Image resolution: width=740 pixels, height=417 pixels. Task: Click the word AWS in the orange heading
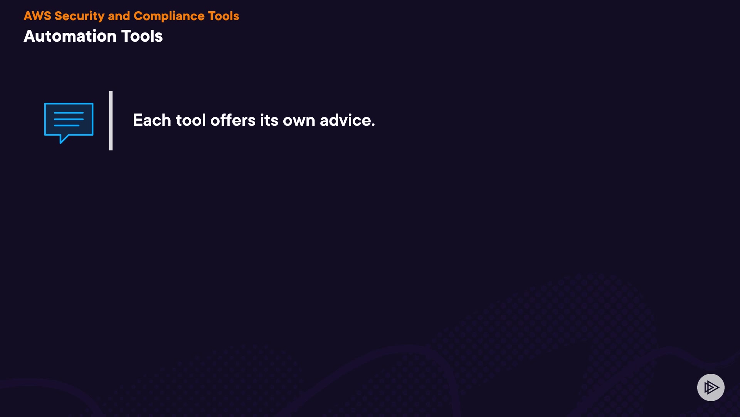[x=37, y=16]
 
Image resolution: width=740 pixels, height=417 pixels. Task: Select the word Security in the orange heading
[x=79, y=16]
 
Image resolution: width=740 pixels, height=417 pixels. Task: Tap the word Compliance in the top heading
[x=169, y=16]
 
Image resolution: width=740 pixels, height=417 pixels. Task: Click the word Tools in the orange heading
[x=224, y=16]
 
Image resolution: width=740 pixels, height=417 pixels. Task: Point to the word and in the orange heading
[x=119, y=16]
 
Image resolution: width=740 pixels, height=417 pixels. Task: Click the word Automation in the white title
[x=70, y=36]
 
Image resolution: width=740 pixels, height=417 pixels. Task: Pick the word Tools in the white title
[x=142, y=36]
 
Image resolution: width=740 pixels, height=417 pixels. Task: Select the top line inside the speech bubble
[x=69, y=113]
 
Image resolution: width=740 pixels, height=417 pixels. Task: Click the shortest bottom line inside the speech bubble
[x=67, y=125]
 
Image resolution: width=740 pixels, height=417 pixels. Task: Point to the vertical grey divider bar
[x=111, y=120]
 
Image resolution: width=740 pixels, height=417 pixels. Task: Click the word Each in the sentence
[x=152, y=120]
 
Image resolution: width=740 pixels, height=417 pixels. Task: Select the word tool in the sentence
[x=191, y=120]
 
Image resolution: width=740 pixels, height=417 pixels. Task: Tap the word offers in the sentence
[x=233, y=120]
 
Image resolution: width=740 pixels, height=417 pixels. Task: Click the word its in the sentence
[x=269, y=120]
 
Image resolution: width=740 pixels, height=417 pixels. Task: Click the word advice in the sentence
[x=345, y=120]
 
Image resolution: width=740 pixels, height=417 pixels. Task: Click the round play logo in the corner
[x=711, y=387]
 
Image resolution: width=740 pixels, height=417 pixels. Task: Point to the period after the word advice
[x=373, y=125]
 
